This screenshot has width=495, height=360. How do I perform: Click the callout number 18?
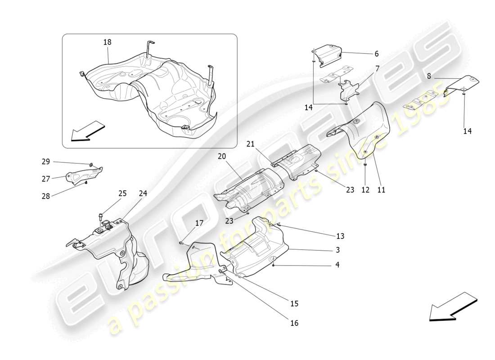[107, 42]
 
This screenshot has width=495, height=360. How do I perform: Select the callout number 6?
[376, 54]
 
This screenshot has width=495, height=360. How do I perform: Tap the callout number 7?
[377, 68]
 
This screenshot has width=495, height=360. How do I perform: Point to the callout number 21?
[250, 144]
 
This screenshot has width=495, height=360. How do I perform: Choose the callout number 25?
[122, 193]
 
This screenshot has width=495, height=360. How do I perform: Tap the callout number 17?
[199, 223]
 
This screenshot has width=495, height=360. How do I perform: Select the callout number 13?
[340, 236]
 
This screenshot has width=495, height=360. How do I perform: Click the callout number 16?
[294, 323]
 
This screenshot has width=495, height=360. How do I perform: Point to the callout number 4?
[337, 265]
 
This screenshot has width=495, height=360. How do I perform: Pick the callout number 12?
[365, 190]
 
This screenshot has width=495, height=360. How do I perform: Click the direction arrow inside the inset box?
[89, 131]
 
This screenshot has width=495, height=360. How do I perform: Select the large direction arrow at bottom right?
[453, 307]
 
